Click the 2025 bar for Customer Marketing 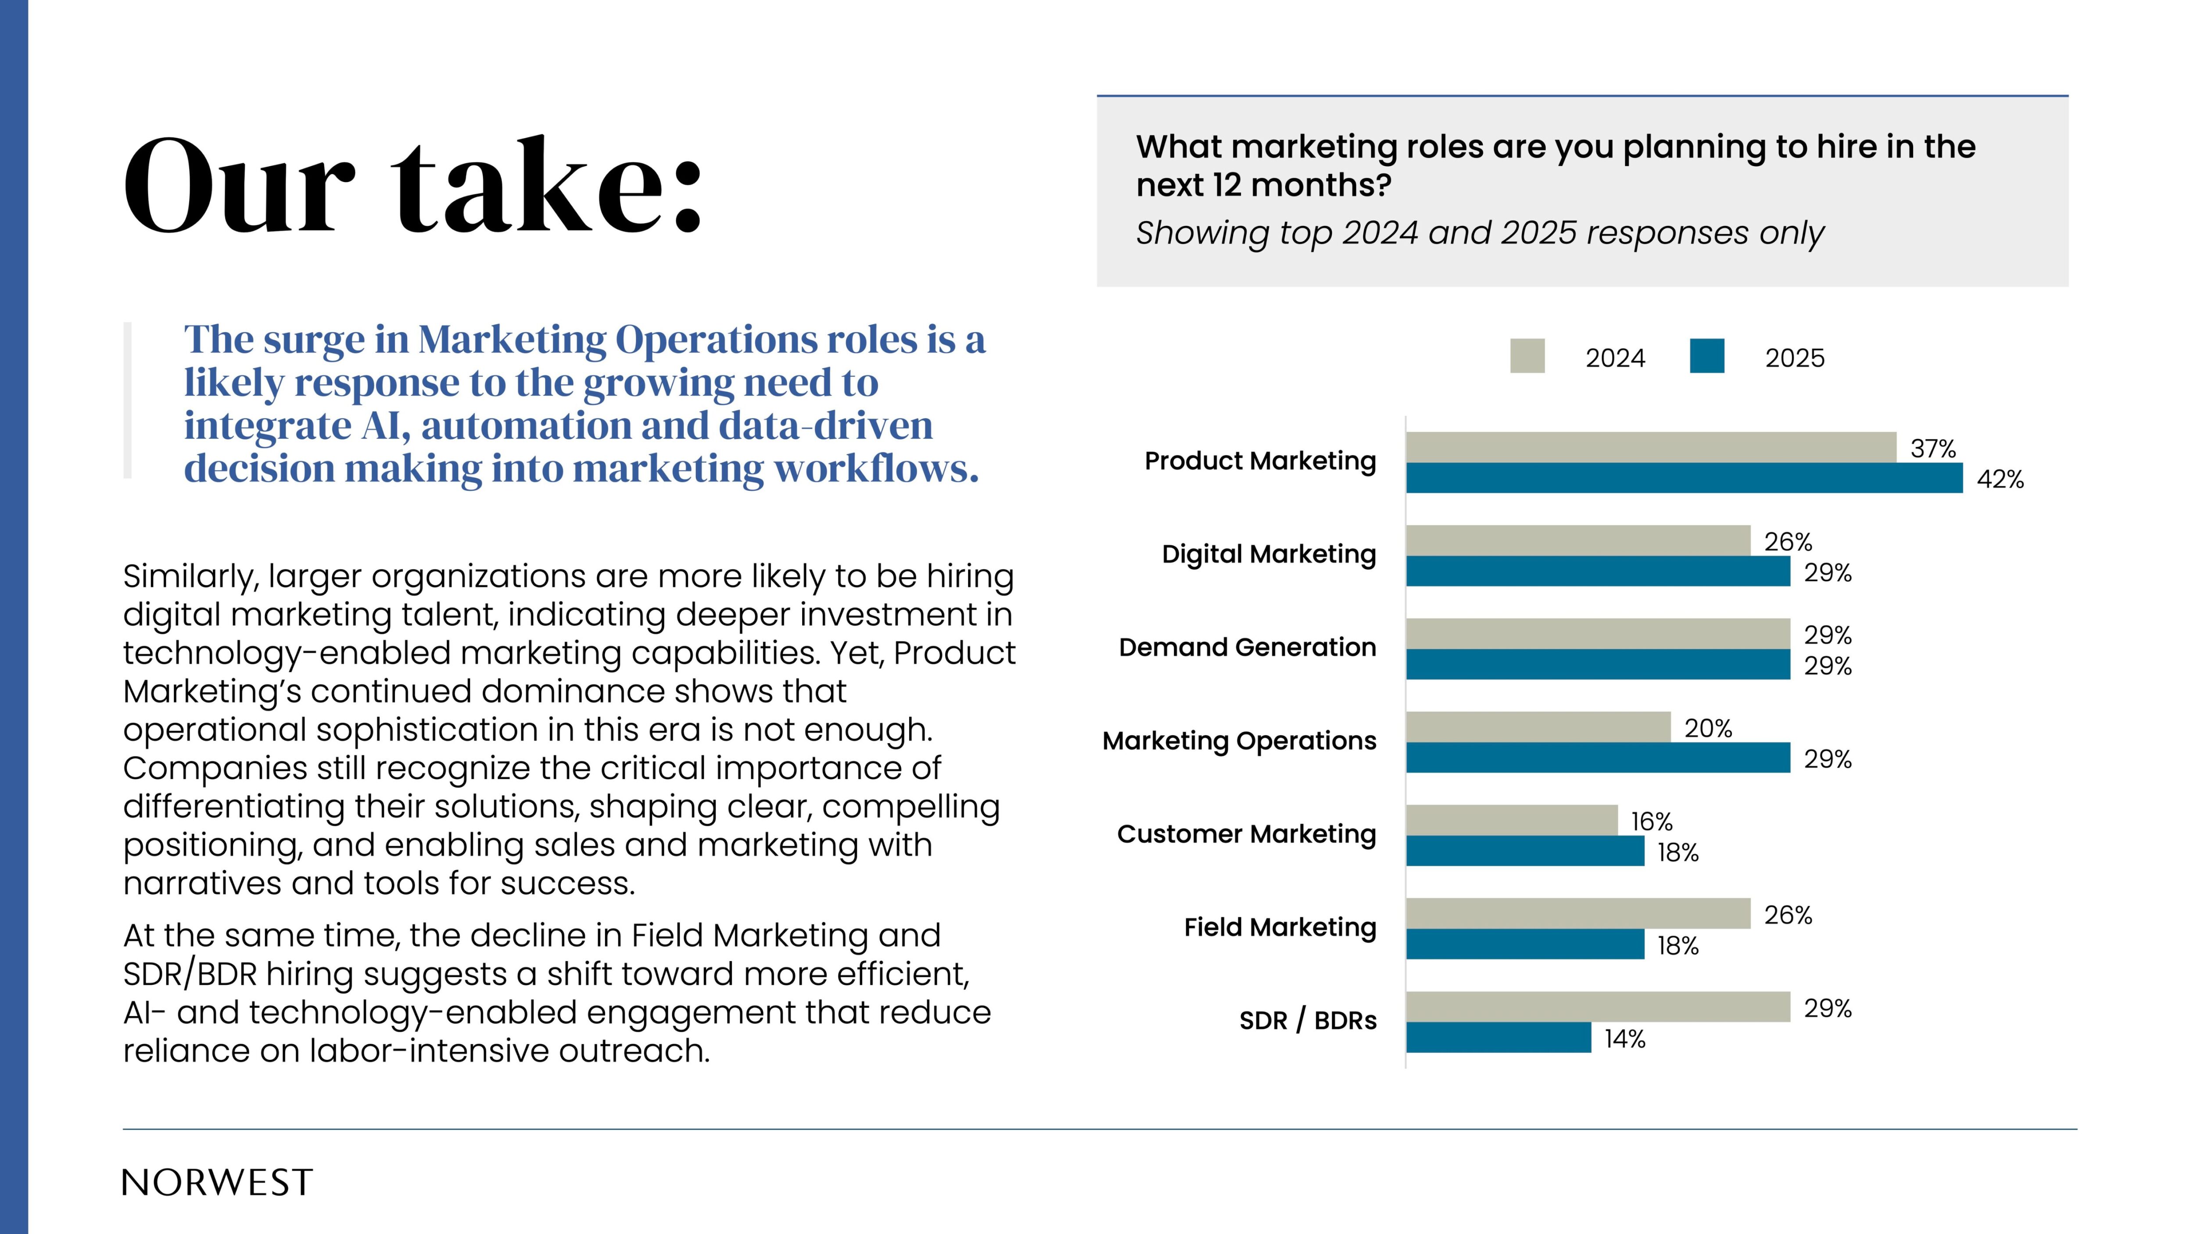coord(1524,851)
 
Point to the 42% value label coord(1999,479)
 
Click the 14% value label coord(1624,1039)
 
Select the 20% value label coord(1708,729)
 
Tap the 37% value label coord(1932,449)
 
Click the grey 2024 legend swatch coord(1527,356)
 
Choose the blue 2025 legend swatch coord(1707,356)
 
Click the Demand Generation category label coord(1247,647)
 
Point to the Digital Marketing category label coord(1268,554)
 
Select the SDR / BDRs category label coord(1307,1020)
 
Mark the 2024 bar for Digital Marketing coord(1577,541)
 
